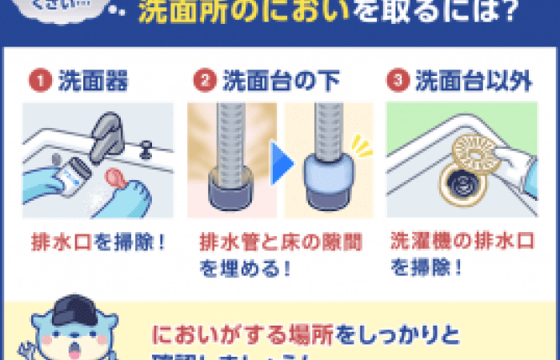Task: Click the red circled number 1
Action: coord(37,80)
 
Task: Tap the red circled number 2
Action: coord(206,80)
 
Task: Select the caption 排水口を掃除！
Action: coord(98,241)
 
